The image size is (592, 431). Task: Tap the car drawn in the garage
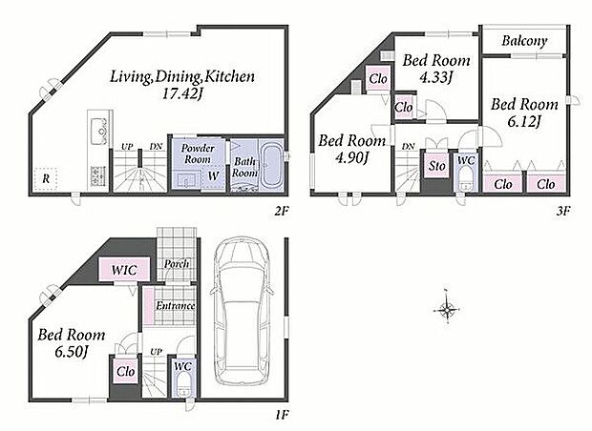click(x=242, y=311)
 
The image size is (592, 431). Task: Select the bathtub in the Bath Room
click(x=271, y=165)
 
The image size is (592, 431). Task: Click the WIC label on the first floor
click(x=124, y=270)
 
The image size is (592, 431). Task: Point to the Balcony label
click(x=524, y=41)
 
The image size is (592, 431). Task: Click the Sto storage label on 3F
click(x=436, y=166)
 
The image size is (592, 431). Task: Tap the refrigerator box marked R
click(x=46, y=178)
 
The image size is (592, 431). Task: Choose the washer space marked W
click(x=213, y=175)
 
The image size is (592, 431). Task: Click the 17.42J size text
click(x=182, y=93)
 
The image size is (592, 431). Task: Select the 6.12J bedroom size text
click(x=524, y=121)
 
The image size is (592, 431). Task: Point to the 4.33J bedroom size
click(x=436, y=77)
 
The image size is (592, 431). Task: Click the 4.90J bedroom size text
click(x=351, y=157)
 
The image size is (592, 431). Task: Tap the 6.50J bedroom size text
click(x=72, y=352)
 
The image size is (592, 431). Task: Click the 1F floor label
click(x=282, y=415)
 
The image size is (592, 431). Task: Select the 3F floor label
click(x=562, y=211)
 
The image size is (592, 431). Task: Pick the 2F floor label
click(x=282, y=211)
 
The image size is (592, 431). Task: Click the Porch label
click(x=177, y=263)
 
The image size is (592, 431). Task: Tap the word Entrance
click(x=176, y=305)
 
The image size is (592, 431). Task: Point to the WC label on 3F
click(x=466, y=160)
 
